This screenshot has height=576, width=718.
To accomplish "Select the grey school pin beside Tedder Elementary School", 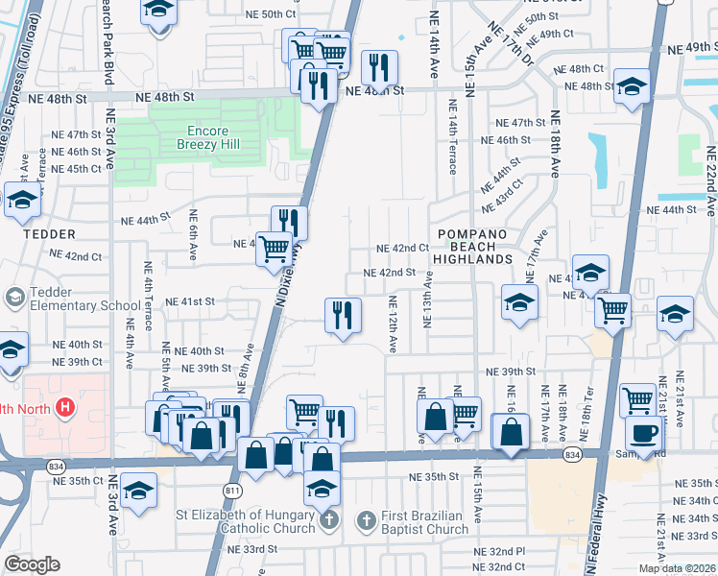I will tap(14, 298).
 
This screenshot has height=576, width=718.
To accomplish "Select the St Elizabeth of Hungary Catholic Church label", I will tap(247, 521).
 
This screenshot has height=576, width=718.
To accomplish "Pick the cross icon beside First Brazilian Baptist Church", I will tap(366, 521).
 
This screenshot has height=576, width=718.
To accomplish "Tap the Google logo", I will tap(33, 564).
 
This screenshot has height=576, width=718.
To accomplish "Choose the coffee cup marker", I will tap(642, 433).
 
